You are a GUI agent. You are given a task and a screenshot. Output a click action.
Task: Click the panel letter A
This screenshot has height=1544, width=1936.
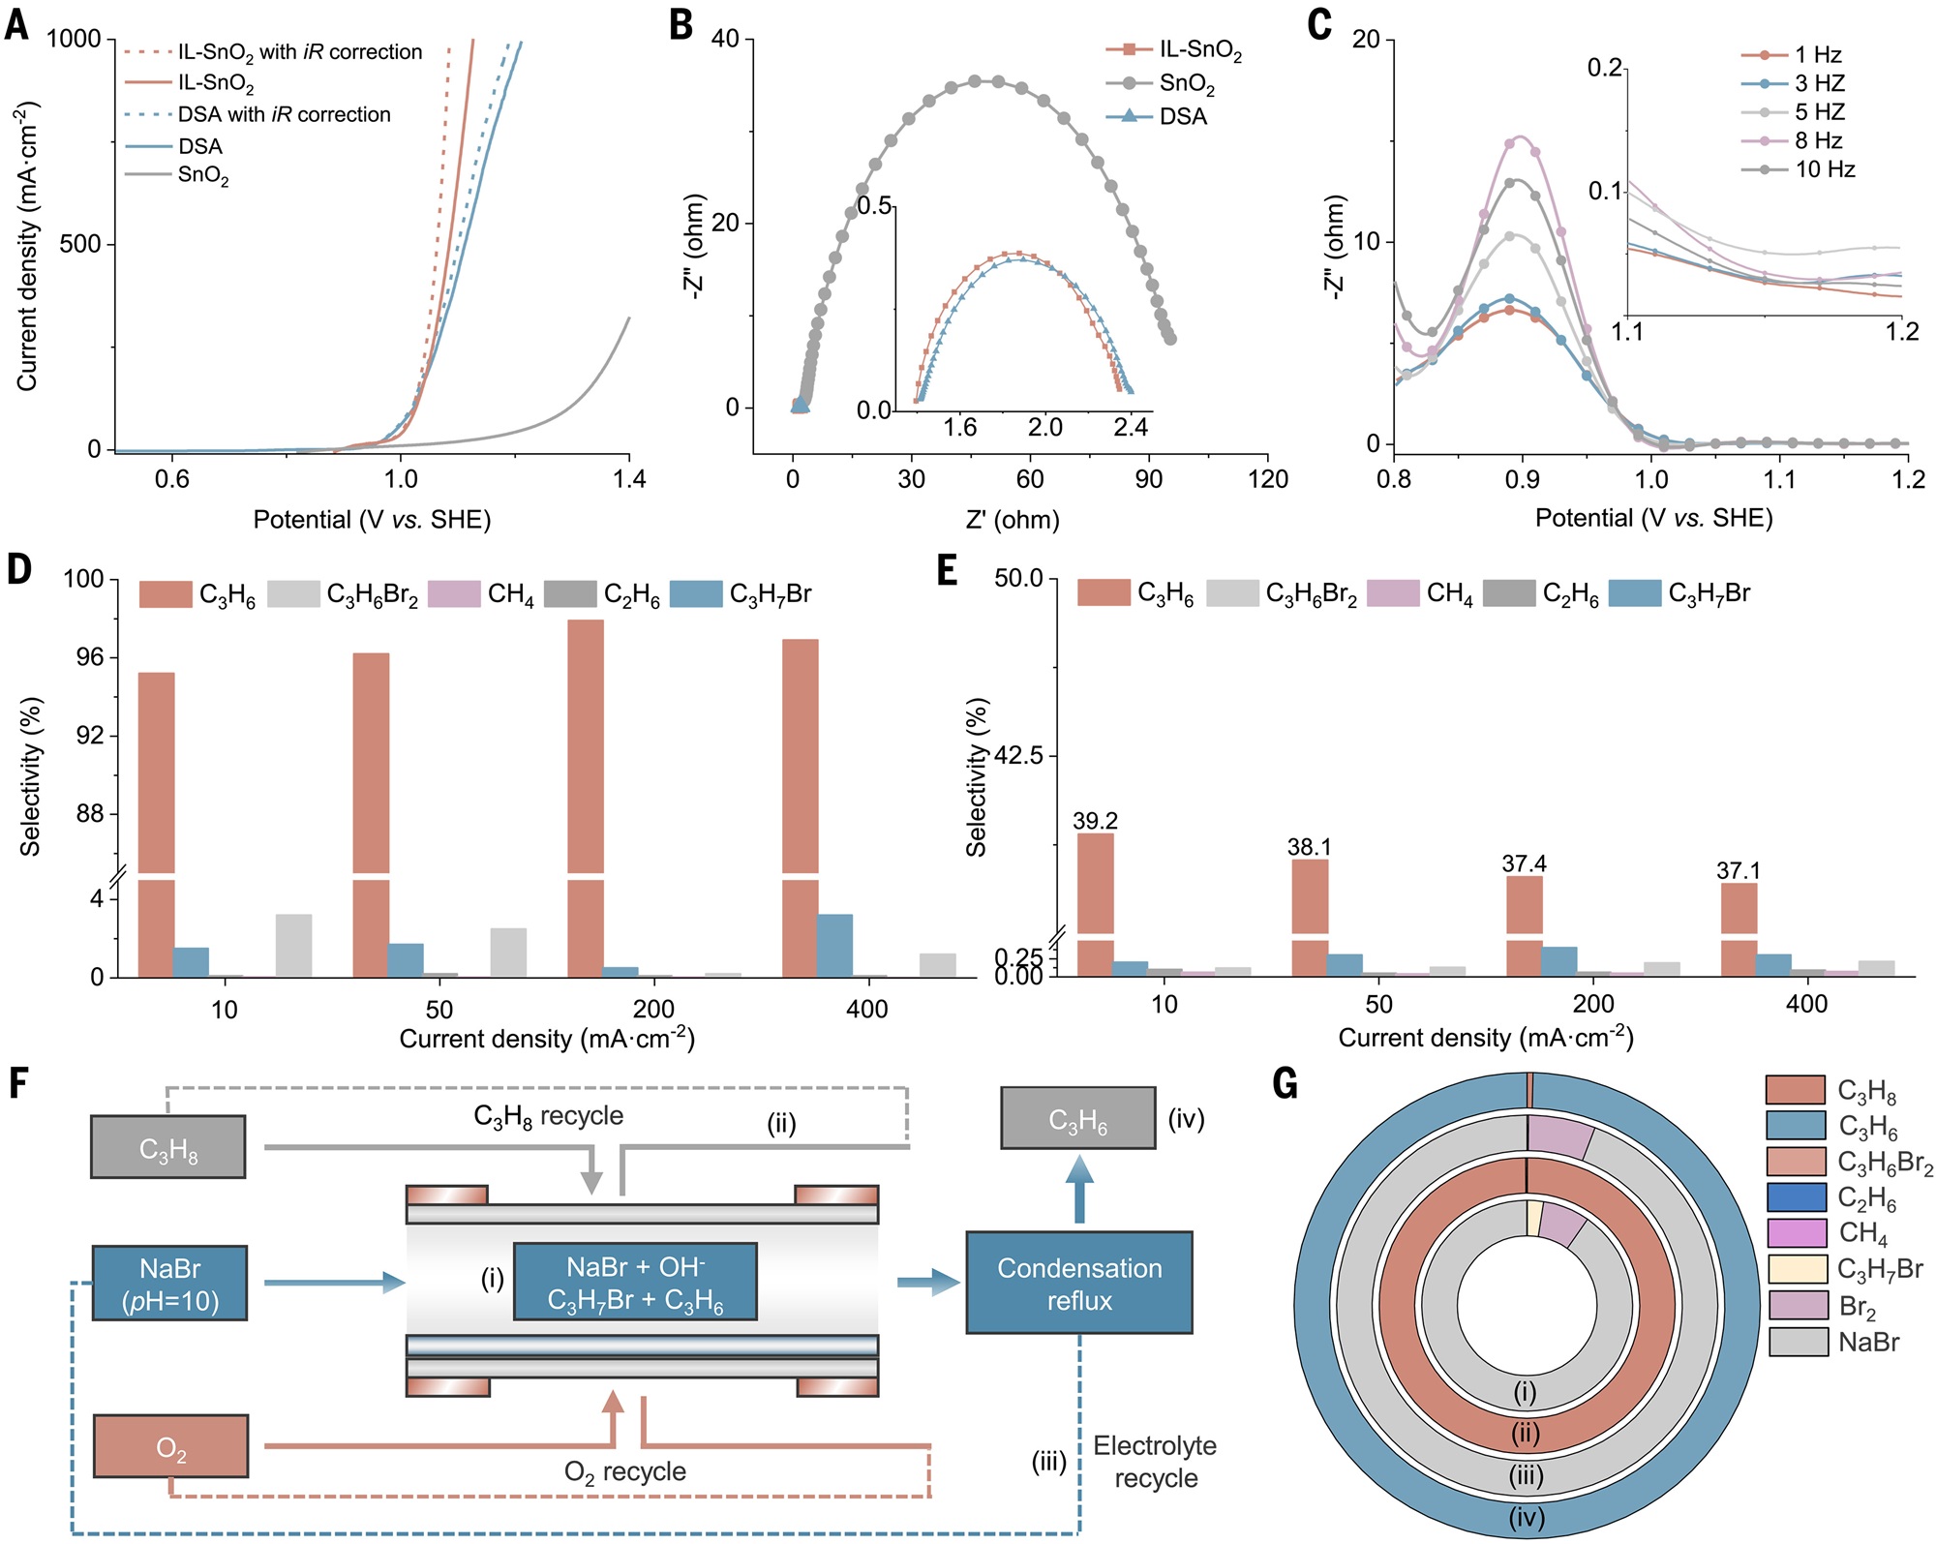[16, 23]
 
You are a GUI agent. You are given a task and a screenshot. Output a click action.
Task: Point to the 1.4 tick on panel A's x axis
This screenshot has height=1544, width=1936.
[629, 479]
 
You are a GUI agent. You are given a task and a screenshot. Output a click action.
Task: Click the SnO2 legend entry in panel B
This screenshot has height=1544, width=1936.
[1187, 84]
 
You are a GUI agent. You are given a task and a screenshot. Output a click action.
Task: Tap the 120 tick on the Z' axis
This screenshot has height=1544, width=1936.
[1267, 479]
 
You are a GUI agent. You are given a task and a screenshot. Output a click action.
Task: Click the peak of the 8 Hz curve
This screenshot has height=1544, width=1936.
[1522, 136]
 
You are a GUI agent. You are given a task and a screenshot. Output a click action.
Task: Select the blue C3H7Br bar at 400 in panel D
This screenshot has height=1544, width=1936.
[834, 945]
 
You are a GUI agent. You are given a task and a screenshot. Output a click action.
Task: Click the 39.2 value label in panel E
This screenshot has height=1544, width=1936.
[1095, 821]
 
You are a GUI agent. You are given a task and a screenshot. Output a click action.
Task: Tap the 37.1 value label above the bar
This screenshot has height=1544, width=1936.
[1739, 870]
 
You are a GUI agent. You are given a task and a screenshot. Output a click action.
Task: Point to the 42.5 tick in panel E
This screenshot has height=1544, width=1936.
[1018, 755]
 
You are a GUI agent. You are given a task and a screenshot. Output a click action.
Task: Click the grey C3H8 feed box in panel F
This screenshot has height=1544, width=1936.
[167, 1146]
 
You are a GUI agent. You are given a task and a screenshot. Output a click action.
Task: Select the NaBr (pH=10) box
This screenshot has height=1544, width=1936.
[169, 1284]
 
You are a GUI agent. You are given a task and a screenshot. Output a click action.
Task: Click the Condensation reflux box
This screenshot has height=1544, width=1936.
[1079, 1283]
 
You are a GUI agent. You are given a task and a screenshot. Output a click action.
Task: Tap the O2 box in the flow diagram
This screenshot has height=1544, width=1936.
[170, 1445]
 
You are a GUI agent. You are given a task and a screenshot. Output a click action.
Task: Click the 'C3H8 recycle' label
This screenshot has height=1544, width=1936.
[548, 1116]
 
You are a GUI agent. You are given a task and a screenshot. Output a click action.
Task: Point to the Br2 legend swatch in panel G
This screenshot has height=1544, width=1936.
[1797, 1305]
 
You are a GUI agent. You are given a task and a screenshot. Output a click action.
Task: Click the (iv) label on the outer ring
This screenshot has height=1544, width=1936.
[1527, 1516]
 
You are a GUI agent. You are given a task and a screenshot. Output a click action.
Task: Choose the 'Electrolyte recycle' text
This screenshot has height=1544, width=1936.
[1155, 1462]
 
